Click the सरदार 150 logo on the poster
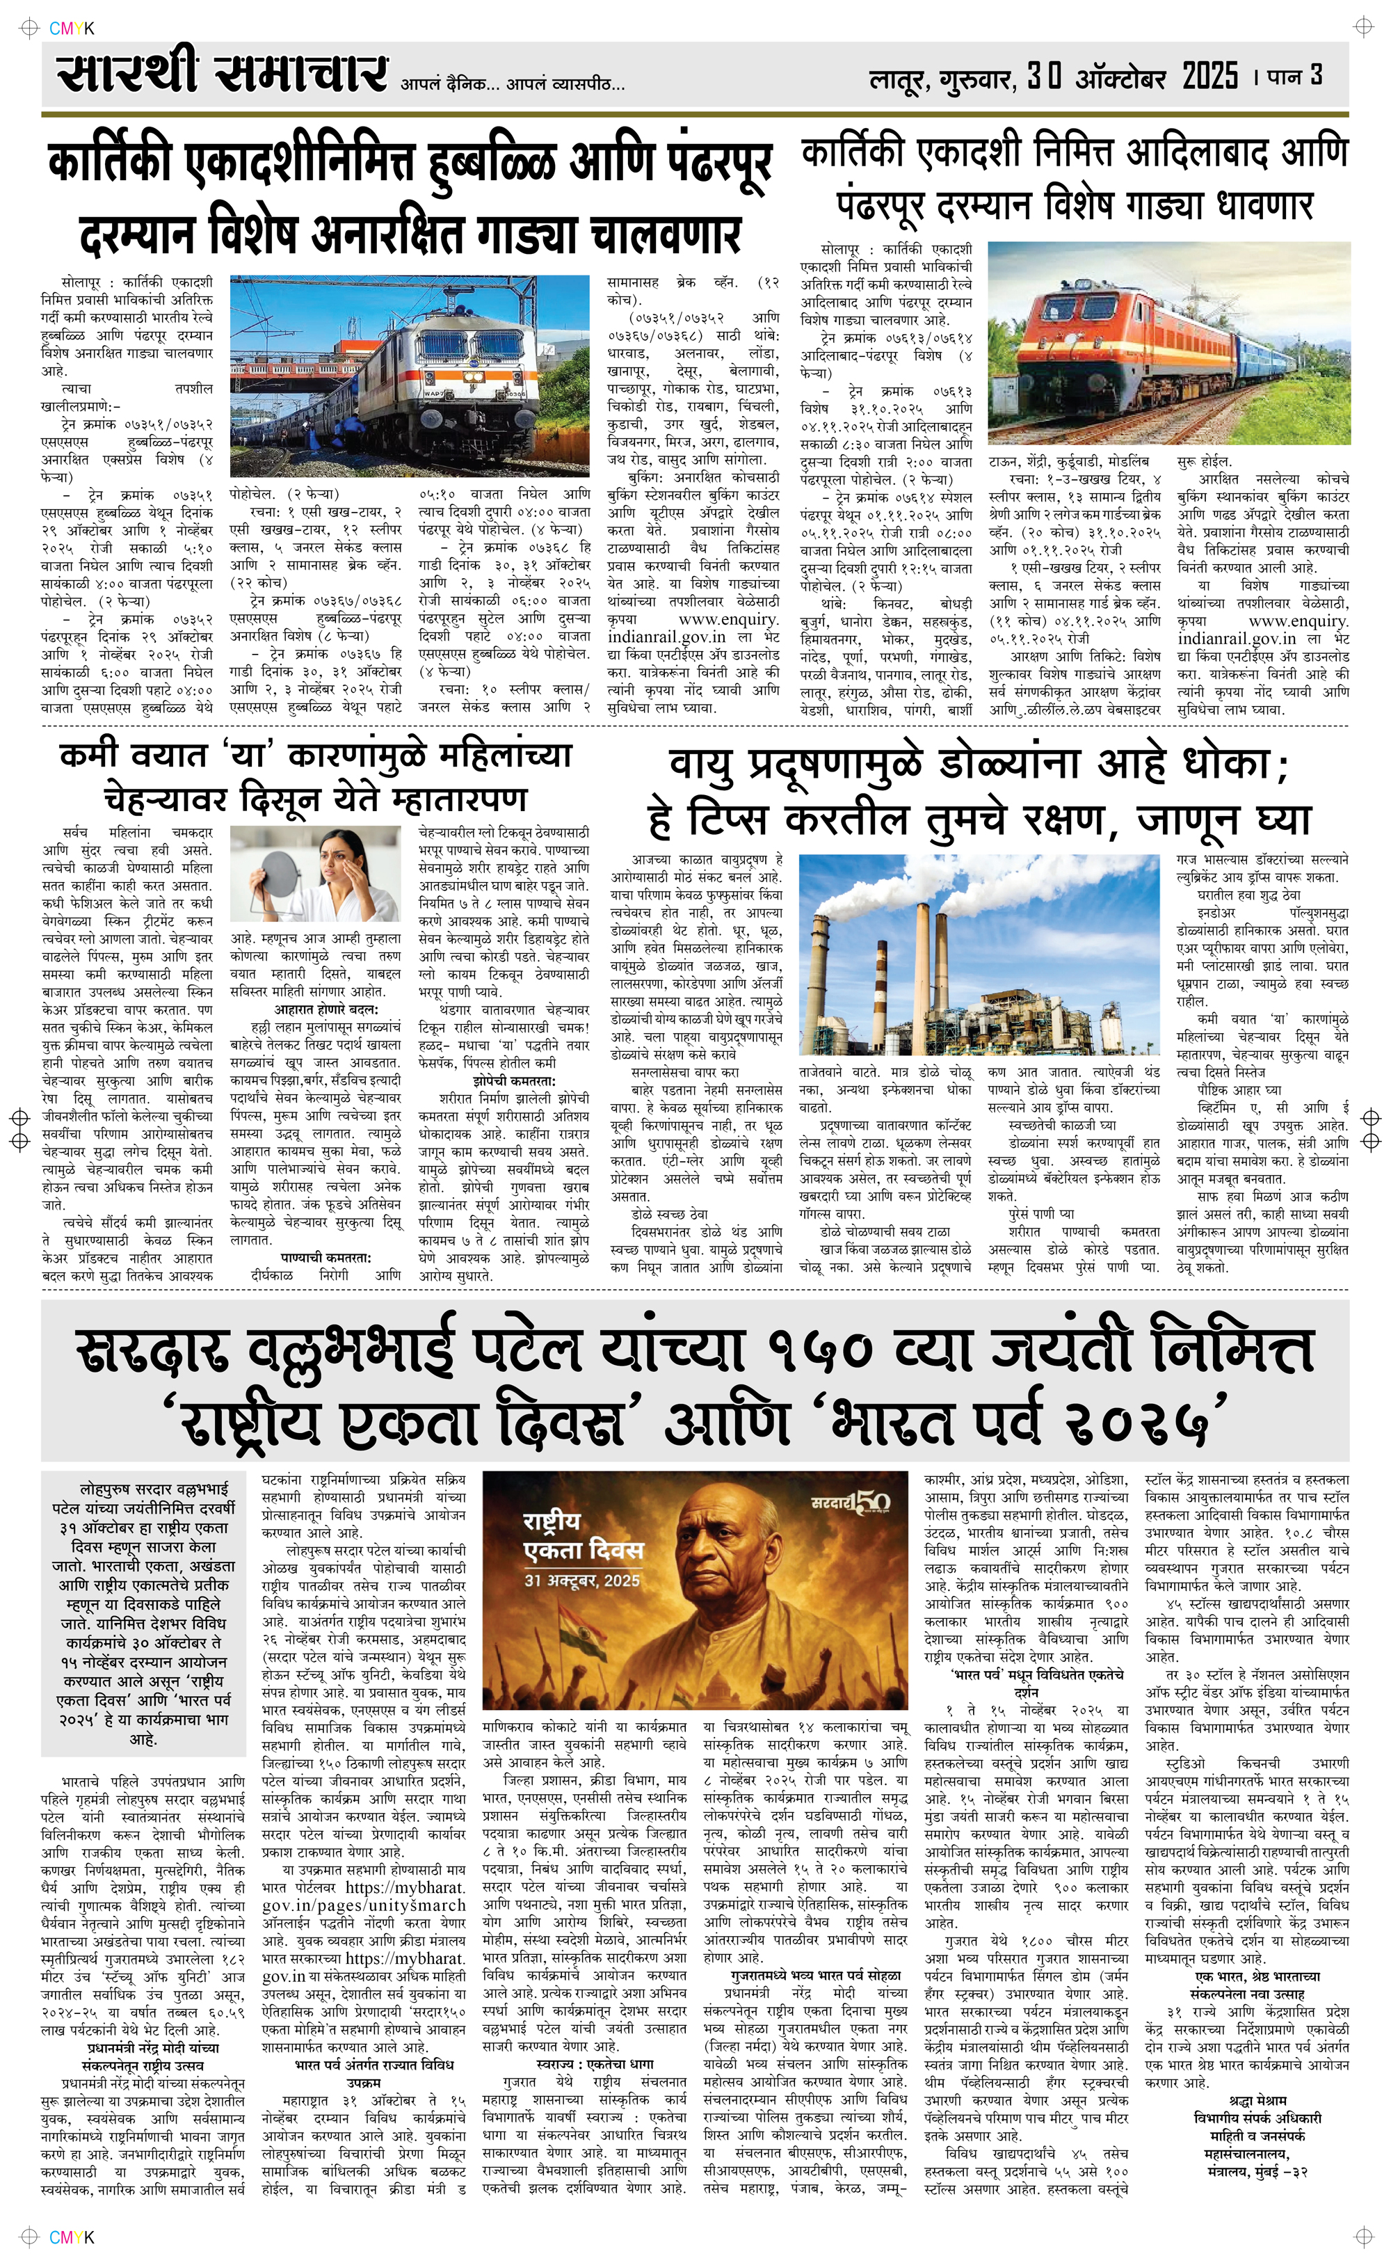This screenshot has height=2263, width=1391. pyautogui.click(x=850, y=1502)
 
